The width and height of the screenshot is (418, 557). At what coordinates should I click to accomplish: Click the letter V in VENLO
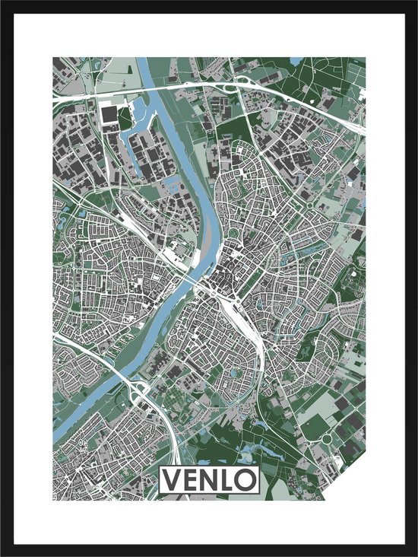tap(172, 480)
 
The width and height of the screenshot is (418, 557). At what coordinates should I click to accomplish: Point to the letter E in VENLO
tap(191, 480)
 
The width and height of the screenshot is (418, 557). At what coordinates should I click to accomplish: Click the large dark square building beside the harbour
tap(108, 115)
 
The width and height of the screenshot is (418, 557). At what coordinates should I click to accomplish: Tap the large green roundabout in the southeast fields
tap(327, 439)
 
